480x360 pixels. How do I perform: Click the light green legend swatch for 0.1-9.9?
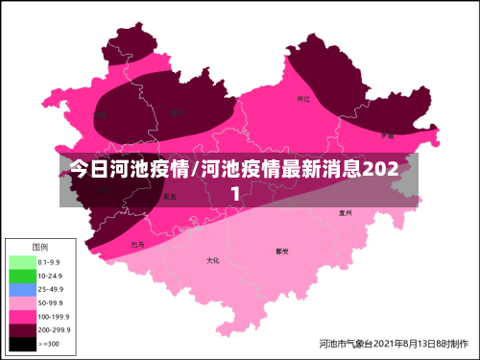point(21,261)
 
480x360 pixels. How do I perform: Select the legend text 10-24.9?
point(51,275)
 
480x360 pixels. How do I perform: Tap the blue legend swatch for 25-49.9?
point(21,288)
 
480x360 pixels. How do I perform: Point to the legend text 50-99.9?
point(51,301)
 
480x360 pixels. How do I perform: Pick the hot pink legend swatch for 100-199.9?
point(21,315)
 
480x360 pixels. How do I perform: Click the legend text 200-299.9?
point(54,328)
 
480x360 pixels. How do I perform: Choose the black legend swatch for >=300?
point(21,342)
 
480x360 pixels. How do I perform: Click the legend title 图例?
point(39,247)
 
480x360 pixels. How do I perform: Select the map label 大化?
point(213,260)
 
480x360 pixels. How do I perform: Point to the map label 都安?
point(282,252)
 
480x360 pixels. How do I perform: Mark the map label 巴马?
point(139,244)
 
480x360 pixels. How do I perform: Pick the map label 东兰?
point(169,196)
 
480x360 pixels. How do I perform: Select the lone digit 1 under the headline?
point(236,193)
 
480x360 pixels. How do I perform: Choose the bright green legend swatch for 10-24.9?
point(21,275)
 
